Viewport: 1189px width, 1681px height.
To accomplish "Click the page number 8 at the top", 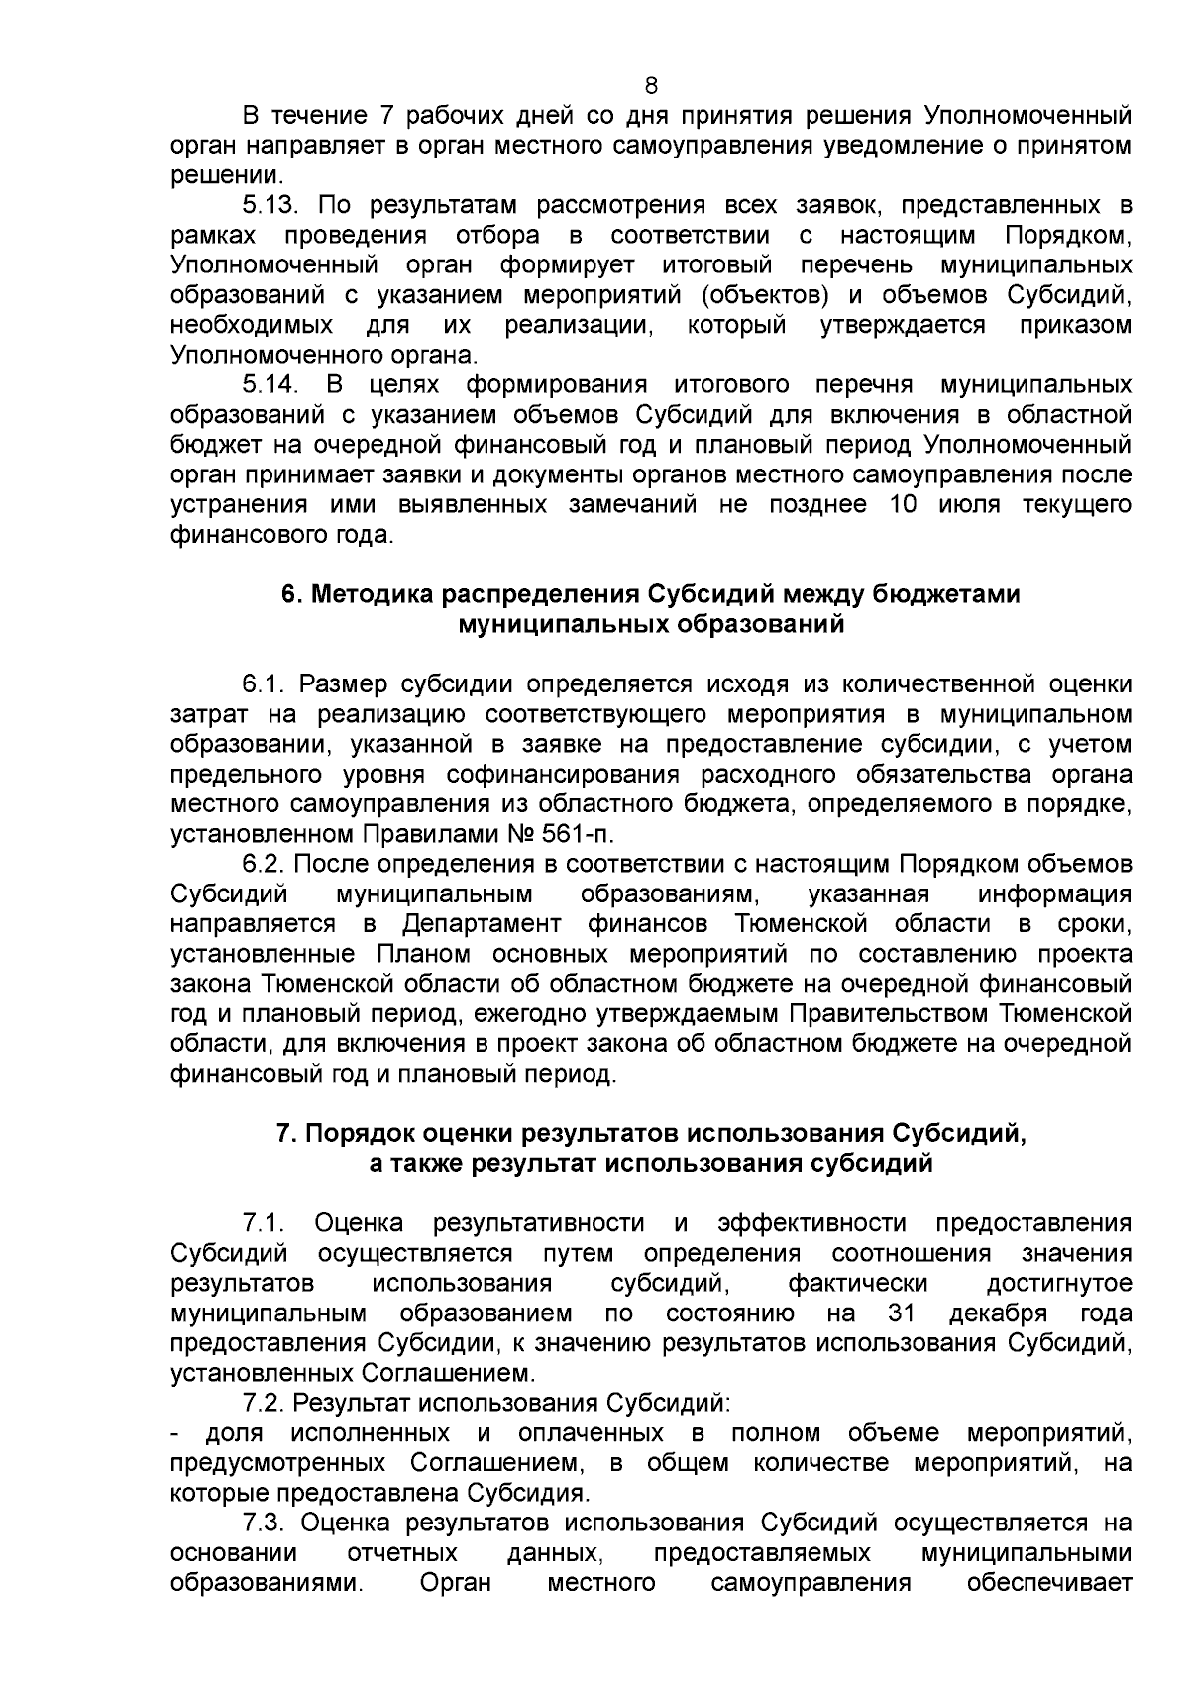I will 651,85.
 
